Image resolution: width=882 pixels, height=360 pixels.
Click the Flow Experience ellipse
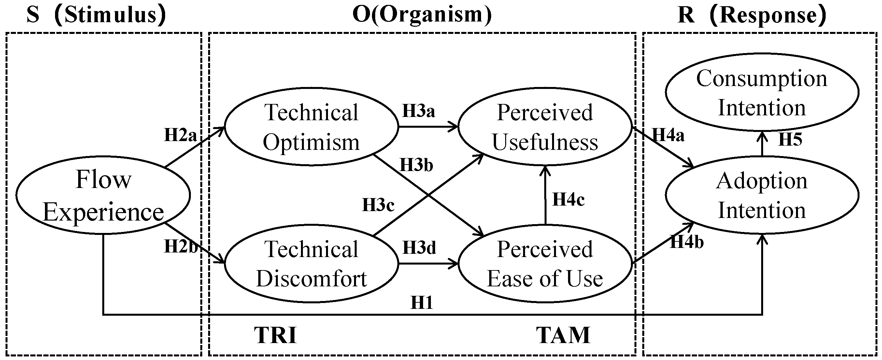coord(103,195)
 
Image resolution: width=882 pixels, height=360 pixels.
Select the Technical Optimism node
coord(311,127)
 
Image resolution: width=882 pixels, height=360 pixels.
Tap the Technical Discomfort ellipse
coord(311,264)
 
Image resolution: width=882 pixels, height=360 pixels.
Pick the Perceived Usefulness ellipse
coord(544,127)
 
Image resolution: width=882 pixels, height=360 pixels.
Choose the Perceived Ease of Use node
coord(544,264)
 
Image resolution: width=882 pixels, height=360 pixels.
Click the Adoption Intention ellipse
coord(762,195)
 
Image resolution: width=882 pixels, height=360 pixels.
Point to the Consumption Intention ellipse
coord(762,93)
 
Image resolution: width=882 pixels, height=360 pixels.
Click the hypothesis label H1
coord(422,302)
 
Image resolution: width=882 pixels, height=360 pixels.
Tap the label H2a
coord(180,135)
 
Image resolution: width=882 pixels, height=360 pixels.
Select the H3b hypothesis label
coord(416,165)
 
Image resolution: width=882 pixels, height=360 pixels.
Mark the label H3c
coord(378,205)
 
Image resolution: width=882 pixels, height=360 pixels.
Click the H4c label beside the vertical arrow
coord(568,200)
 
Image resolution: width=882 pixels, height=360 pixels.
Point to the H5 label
coord(790,139)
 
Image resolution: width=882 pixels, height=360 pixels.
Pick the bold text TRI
coord(275,335)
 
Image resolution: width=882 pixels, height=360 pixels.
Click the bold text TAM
coord(563,335)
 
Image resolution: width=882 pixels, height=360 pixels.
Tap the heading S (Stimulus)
coord(96,15)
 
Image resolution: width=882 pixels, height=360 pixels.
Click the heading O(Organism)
coord(422,15)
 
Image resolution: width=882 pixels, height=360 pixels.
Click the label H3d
coord(419,248)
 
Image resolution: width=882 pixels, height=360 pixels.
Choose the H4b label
coord(687,242)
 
